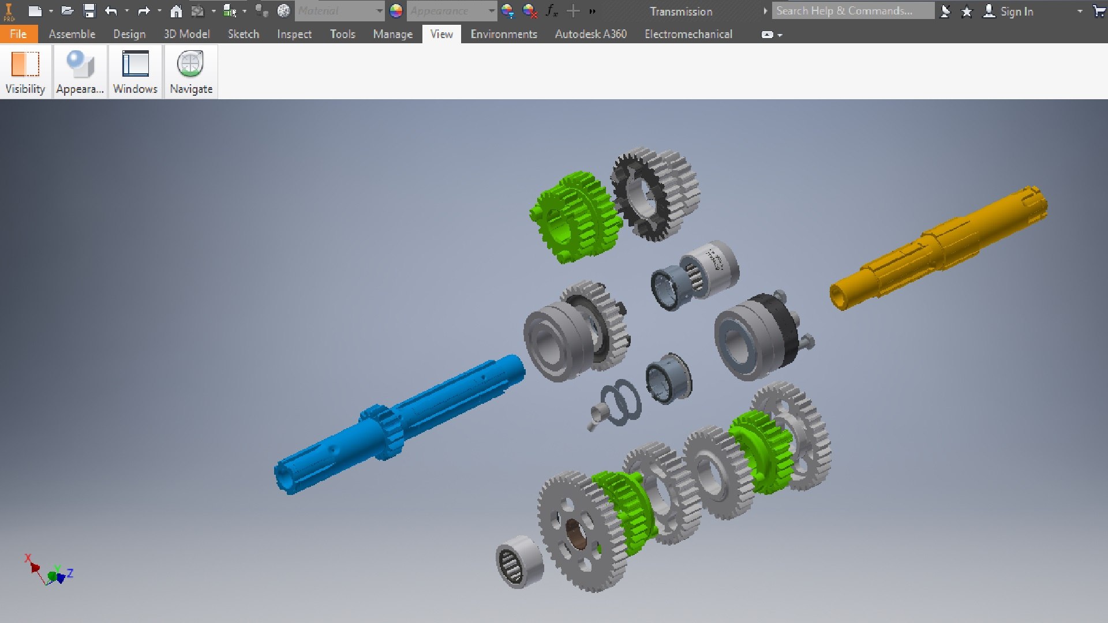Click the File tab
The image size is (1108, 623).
(18, 34)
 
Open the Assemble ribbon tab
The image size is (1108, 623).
(72, 34)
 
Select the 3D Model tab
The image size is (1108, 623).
(186, 34)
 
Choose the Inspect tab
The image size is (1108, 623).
(294, 34)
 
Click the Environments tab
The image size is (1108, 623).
(503, 34)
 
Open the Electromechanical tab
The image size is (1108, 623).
(688, 34)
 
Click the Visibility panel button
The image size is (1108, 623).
(25, 72)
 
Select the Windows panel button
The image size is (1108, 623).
(135, 72)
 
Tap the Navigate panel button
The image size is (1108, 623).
(191, 72)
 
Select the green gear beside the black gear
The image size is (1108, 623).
(574, 216)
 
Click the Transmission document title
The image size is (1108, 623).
(681, 12)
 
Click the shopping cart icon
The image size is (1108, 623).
(1099, 12)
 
